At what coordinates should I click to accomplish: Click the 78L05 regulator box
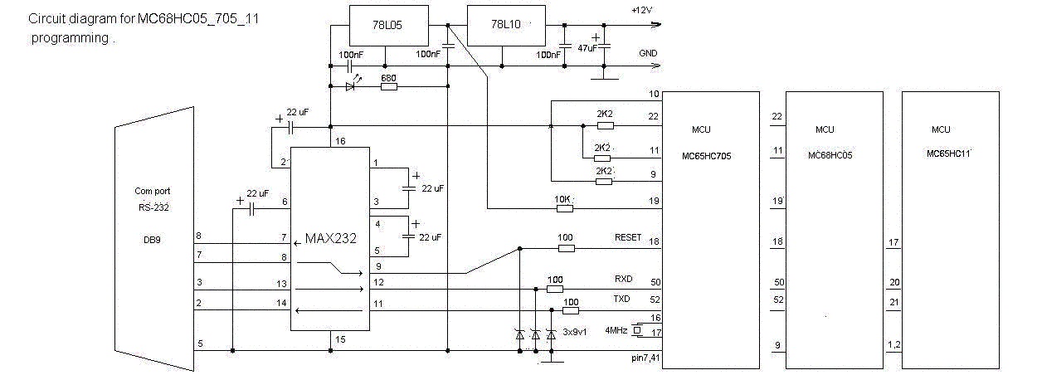tap(389, 25)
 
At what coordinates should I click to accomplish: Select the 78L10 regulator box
tap(506, 25)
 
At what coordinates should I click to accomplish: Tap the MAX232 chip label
tap(330, 238)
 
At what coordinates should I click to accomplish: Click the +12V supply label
tap(642, 10)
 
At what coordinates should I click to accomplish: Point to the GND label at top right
tap(648, 53)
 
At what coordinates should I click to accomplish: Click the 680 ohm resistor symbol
tap(389, 86)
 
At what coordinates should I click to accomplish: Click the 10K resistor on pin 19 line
tap(564, 209)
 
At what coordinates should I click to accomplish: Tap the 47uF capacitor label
tap(587, 47)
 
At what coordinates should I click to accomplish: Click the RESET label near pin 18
tap(628, 237)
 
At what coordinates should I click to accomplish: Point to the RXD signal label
tap(623, 279)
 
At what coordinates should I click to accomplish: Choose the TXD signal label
tap(621, 299)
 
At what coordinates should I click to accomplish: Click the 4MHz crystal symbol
tap(638, 330)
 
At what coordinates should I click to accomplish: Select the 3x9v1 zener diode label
tap(575, 332)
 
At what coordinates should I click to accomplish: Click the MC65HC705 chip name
tap(707, 156)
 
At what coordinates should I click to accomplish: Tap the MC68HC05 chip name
tap(830, 155)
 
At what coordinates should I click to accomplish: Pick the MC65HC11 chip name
tap(948, 153)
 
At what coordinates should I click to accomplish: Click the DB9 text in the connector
tap(152, 240)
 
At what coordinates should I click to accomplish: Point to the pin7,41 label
tap(645, 358)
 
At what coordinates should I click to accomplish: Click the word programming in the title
tap(70, 38)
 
